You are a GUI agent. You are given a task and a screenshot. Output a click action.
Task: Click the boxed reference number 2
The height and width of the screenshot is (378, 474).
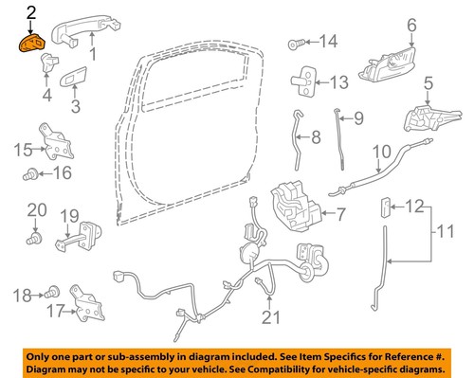[31, 13]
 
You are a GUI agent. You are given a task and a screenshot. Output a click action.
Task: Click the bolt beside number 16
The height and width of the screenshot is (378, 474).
[32, 174]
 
